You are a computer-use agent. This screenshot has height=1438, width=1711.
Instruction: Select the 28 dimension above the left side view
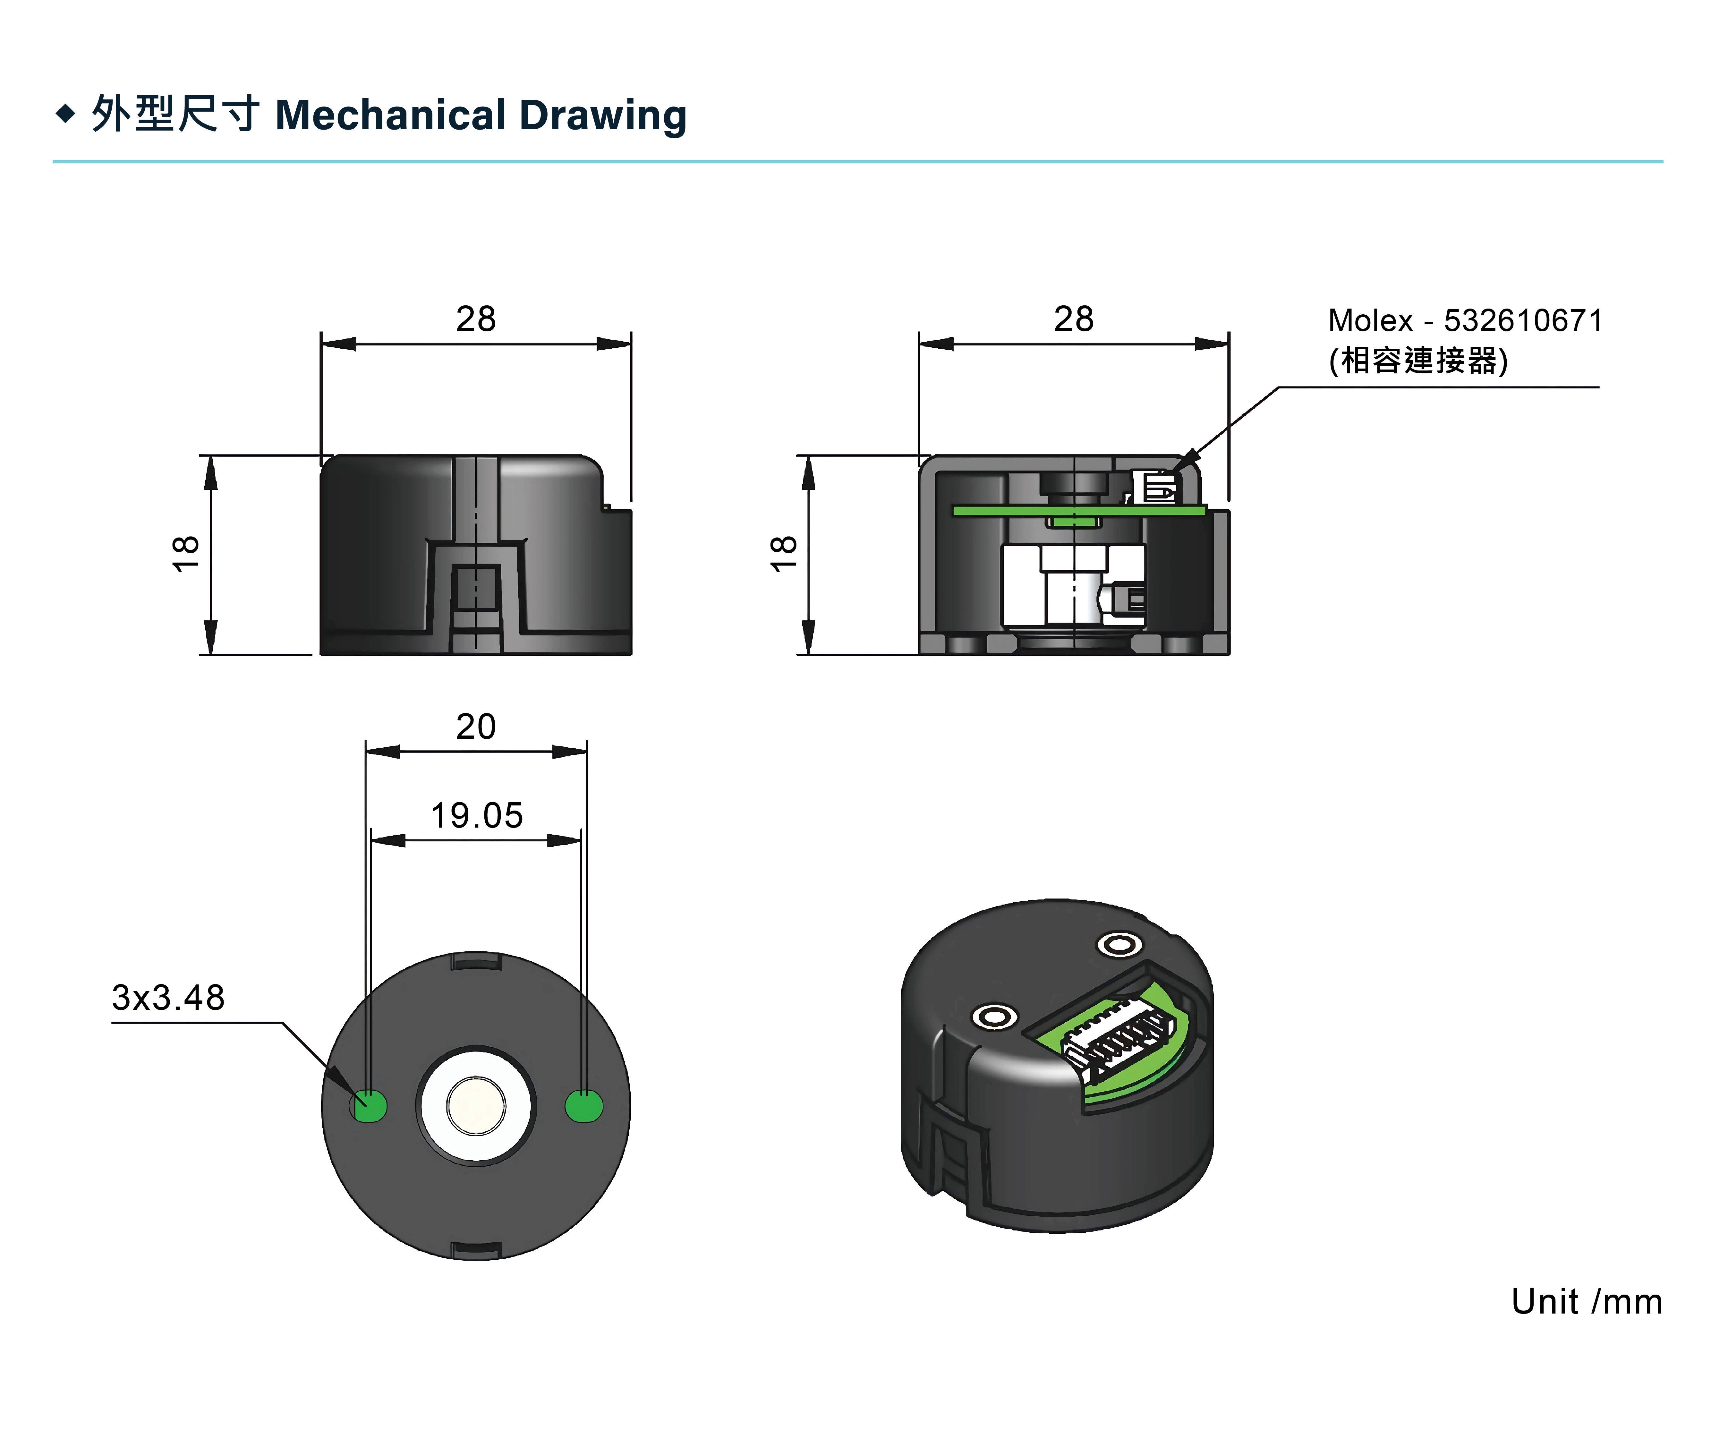click(x=476, y=319)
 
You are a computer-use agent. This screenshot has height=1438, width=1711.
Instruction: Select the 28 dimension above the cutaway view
click(x=1074, y=319)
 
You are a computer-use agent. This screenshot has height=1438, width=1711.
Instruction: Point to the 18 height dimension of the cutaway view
click(x=783, y=554)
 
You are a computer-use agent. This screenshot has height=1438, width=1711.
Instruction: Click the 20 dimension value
click(x=476, y=726)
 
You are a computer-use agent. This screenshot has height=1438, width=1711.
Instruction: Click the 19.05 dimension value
click(x=477, y=815)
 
